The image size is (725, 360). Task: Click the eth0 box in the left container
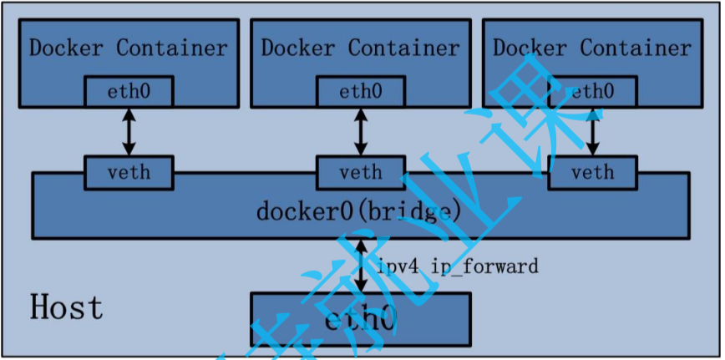(129, 91)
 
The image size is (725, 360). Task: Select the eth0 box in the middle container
(361, 91)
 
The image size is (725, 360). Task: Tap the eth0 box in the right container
(592, 91)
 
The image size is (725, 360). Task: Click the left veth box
(129, 172)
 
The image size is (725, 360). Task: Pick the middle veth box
(361, 172)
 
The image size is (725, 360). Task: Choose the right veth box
(592, 172)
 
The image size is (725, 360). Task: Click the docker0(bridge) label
(359, 211)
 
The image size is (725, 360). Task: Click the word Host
(67, 307)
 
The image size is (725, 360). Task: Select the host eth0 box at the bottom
(360, 318)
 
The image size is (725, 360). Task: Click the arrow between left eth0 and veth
(129, 131)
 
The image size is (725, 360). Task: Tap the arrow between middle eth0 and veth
(361, 131)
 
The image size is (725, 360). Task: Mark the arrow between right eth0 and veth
(593, 131)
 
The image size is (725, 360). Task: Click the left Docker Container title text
(128, 48)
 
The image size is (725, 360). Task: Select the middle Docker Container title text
(360, 48)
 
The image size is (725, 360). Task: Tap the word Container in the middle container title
(403, 48)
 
